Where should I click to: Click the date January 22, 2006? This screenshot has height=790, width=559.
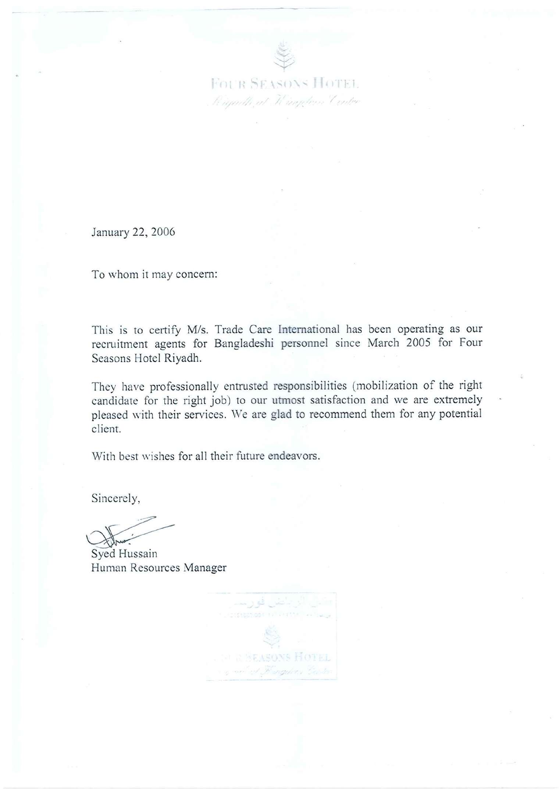(x=133, y=233)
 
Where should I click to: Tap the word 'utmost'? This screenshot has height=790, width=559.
(x=288, y=400)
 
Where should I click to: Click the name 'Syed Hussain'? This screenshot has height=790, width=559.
(x=124, y=554)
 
